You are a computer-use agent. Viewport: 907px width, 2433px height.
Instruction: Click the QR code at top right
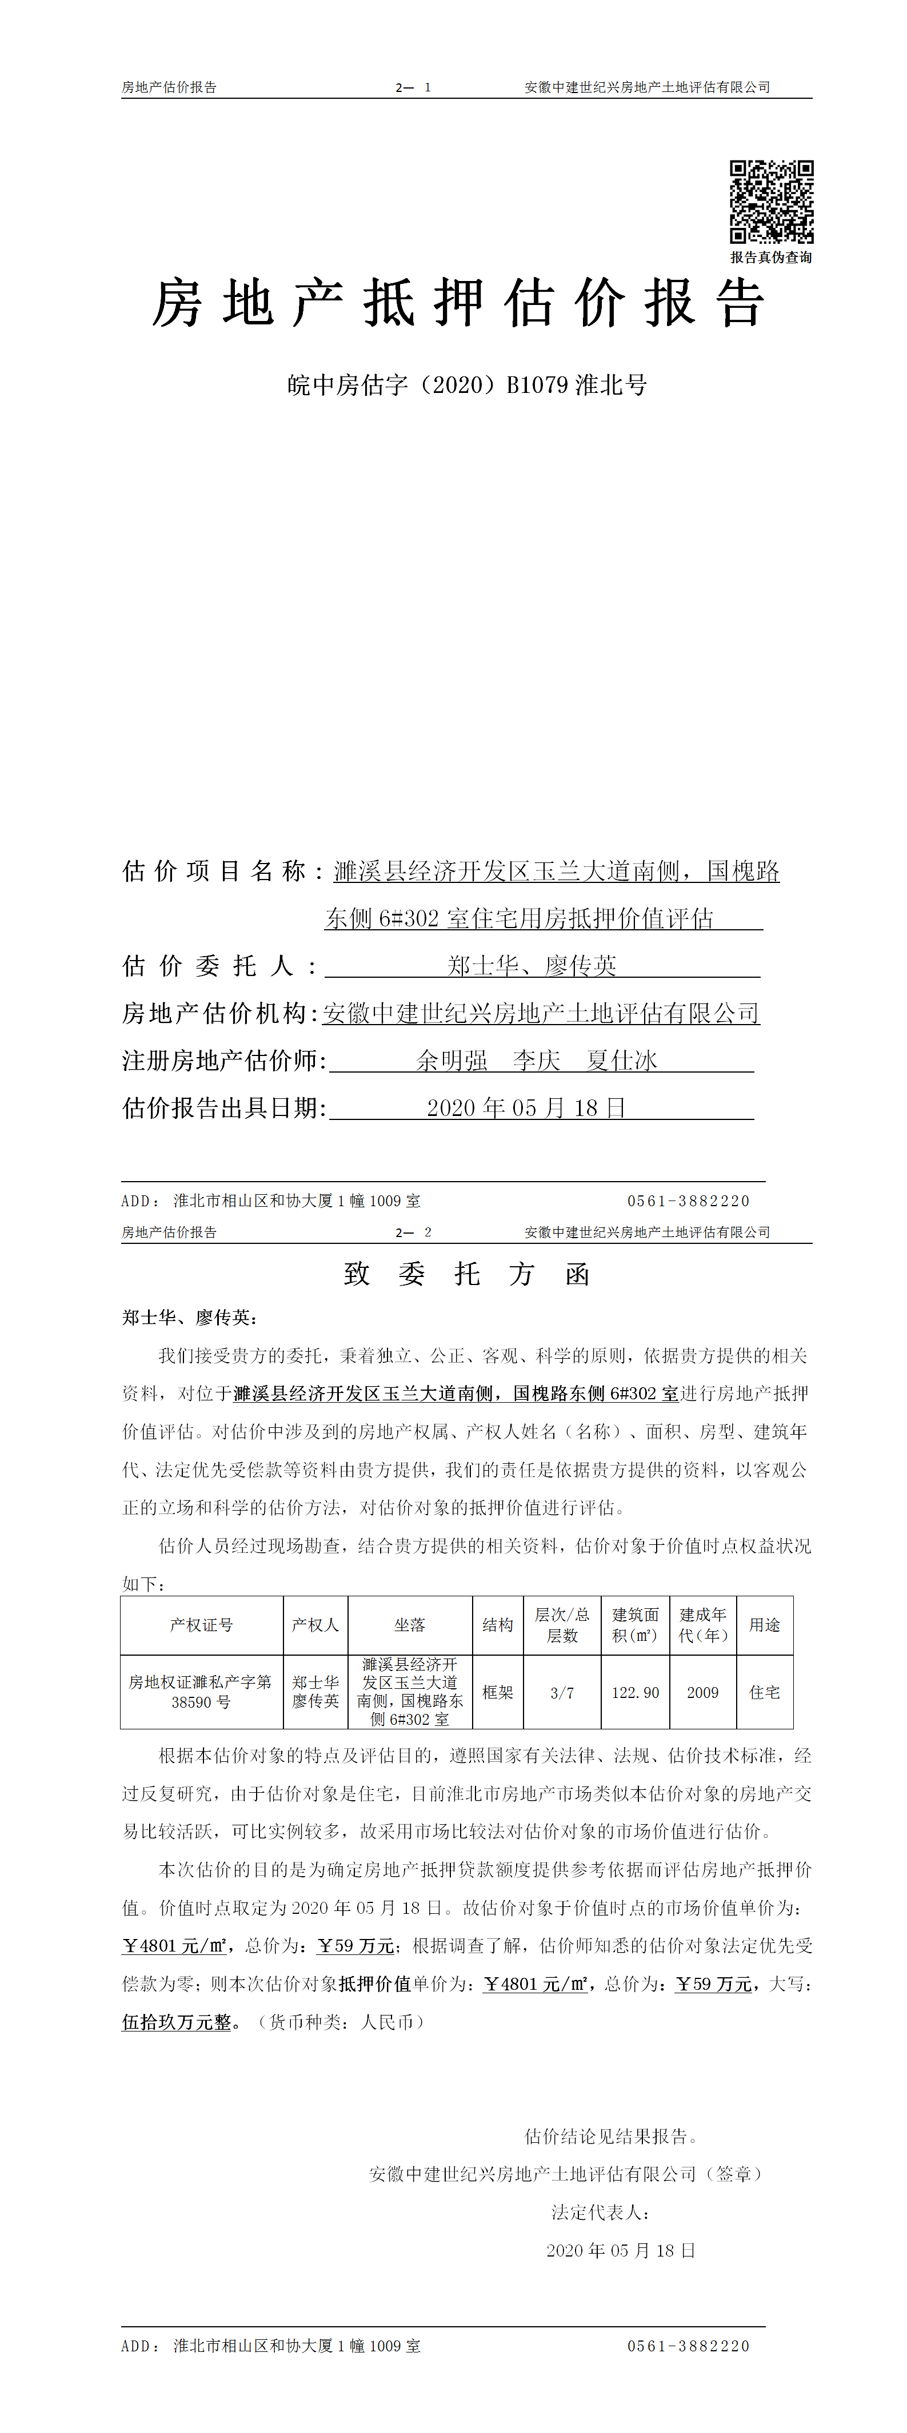pyautogui.click(x=771, y=202)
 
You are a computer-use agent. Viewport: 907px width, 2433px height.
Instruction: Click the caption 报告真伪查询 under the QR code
pyautogui.click(x=771, y=257)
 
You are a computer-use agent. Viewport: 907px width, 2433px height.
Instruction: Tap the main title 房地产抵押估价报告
pyautogui.click(x=458, y=304)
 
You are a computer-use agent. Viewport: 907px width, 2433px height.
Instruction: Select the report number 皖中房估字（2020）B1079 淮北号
pyautogui.click(x=467, y=386)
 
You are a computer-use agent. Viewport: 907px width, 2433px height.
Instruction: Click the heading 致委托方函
pyautogui.click(x=467, y=1275)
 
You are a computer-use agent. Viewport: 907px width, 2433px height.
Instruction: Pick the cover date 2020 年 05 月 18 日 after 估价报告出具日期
pyautogui.click(x=526, y=1108)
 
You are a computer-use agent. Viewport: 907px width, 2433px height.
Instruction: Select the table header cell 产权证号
pyautogui.click(x=201, y=1624)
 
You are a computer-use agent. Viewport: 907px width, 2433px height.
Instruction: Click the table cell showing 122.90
pyautogui.click(x=635, y=1692)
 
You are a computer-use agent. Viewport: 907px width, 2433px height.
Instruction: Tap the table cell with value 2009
pyautogui.click(x=703, y=1692)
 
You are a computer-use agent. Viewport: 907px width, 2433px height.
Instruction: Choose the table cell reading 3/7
pyautogui.click(x=562, y=1692)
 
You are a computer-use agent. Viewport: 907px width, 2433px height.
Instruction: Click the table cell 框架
pyautogui.click(x=498, y=1692)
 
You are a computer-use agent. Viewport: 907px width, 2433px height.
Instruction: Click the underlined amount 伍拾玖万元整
pyautogui.click(x=177, y=2022)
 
